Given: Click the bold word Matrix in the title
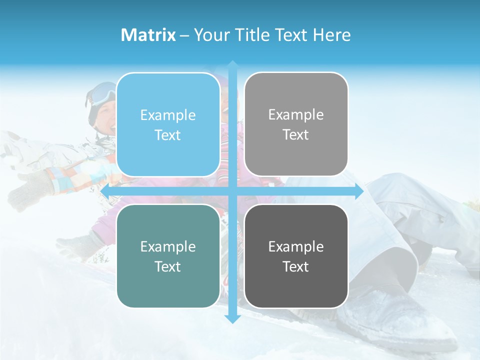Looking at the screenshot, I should pyautogui.click(x=148, y=35).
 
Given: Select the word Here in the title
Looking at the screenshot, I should pyautogui.click(x=331, y=35).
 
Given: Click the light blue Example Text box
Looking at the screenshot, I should pyautogui.click(x=168, y=125).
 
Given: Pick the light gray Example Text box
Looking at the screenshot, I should pyautogui.click(x=296, y=124).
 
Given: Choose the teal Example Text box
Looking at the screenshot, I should pyautogui.click(x=168, y=256).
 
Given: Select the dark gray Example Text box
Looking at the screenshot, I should pyautogui.click(x=296, y=256).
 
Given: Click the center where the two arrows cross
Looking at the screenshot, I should pyautogui.click(x=232, y=191).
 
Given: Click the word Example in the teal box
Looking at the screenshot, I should pyautogui.click(x=168, y=246).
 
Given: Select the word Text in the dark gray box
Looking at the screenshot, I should pyautogui.click(x=296, y=266).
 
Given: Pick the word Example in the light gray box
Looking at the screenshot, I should pyautogui.click(x=296, y=115).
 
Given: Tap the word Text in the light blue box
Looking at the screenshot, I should pyautogui.click(x=168, y=135).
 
